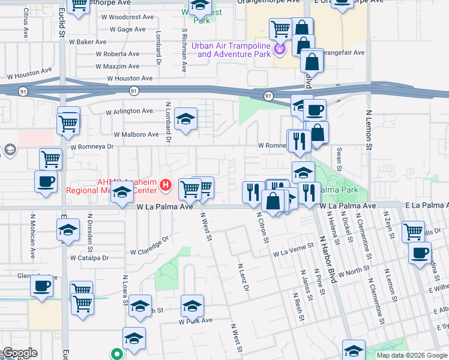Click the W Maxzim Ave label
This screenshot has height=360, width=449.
(118, 66)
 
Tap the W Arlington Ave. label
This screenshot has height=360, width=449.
(130, 111)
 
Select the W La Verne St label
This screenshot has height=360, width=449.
(294, 250)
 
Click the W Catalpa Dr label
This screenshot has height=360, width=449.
(89, 258)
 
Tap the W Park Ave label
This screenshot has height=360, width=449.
(196, 321)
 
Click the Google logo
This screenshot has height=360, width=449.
(20, 353)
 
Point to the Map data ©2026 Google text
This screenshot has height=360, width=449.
(411, 355)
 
